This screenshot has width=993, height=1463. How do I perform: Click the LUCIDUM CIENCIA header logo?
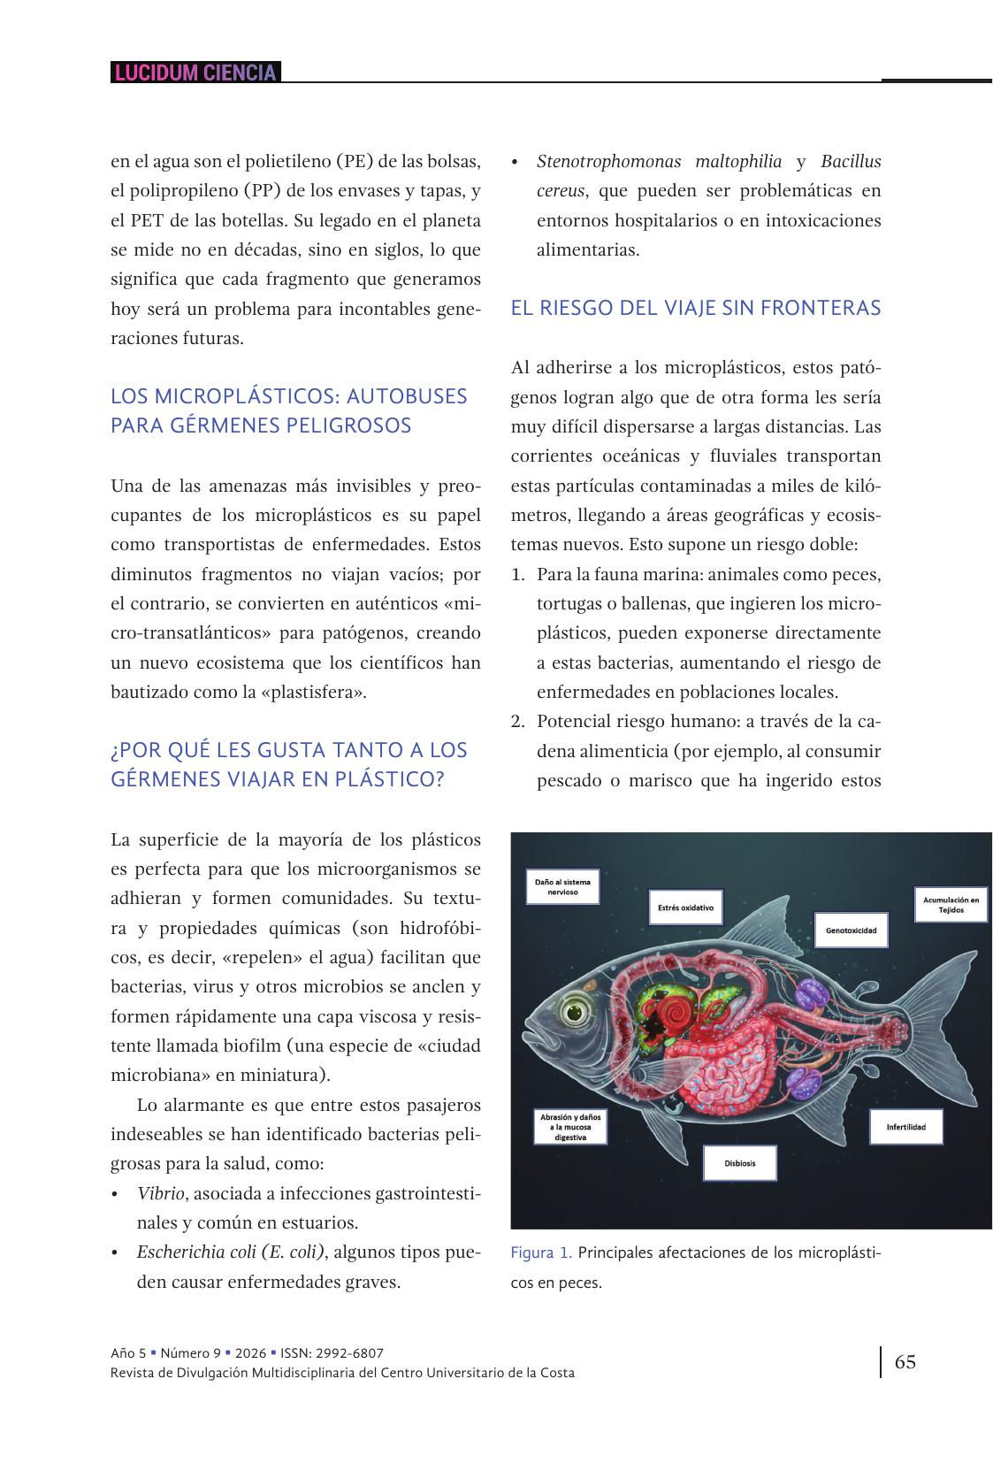coord(195,73)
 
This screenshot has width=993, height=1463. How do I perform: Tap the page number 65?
coord(905,1361)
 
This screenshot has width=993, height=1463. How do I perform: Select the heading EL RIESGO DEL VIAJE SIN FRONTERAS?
coord(695,308)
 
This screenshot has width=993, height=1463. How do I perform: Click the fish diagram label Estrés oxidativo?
coord(685,908)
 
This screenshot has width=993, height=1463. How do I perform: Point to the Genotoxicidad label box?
coord(851,931)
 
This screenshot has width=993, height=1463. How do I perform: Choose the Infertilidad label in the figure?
coord(905,1127)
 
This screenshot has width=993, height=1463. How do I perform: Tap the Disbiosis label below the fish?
coord(740,1163)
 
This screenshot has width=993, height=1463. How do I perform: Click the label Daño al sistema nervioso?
coord(562,887)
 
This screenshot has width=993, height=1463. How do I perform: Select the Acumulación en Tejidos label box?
coord(951,905)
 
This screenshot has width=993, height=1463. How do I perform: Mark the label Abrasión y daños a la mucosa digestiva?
coord(570,1127)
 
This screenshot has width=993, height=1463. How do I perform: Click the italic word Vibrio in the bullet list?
coord(160,1193)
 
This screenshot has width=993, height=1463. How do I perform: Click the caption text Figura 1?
coord(540,1252)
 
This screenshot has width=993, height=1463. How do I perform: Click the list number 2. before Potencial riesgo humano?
coord(519,722)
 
